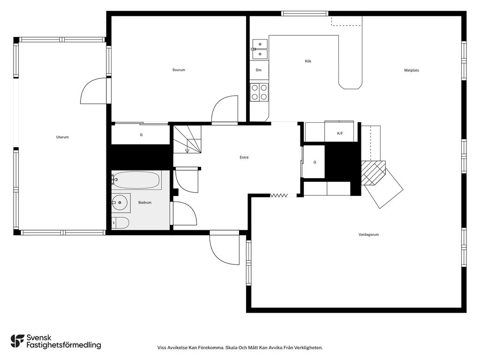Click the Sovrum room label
click(x=179, y=70)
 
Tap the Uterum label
click(x=62, y=137)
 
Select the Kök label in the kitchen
click(x=308, y=61)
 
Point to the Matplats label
click(x=412, y=70)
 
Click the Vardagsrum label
click(x=368, y=235)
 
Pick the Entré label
click(x=244, y=157)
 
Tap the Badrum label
click(x=145, y=202)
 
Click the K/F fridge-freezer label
click(x=340, y=134)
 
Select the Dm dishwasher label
click(x=259, y=70)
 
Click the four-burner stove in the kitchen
click(x=259, y=92)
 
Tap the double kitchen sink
click(x=260, y=49)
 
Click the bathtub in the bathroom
click(x=136, y=180)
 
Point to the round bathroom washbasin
click(x=119, y=202)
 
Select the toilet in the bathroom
click(x=120, y=223)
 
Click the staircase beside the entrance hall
click(x=187, y=139)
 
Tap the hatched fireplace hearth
click(x=373, y=173)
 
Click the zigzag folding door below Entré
click(x=278, y=195)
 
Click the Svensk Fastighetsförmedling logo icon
click(x=17, y=341)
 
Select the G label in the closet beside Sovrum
click(x=141, y=135)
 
